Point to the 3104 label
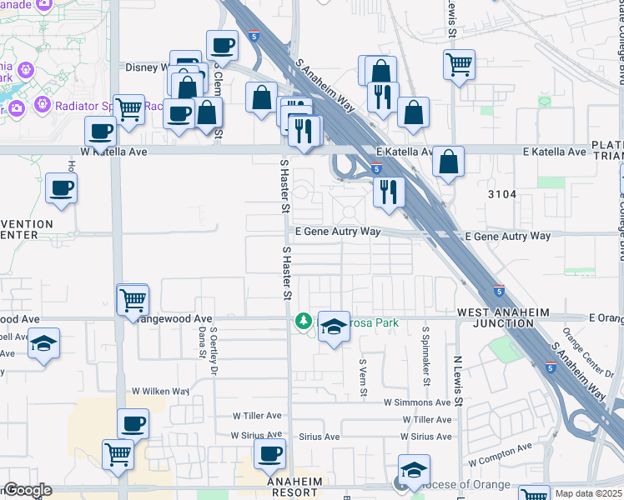503,194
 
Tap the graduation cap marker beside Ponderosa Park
335,326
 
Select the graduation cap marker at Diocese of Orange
413,471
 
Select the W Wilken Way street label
161,391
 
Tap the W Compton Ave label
500,454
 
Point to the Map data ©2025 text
588,493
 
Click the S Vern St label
363,378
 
